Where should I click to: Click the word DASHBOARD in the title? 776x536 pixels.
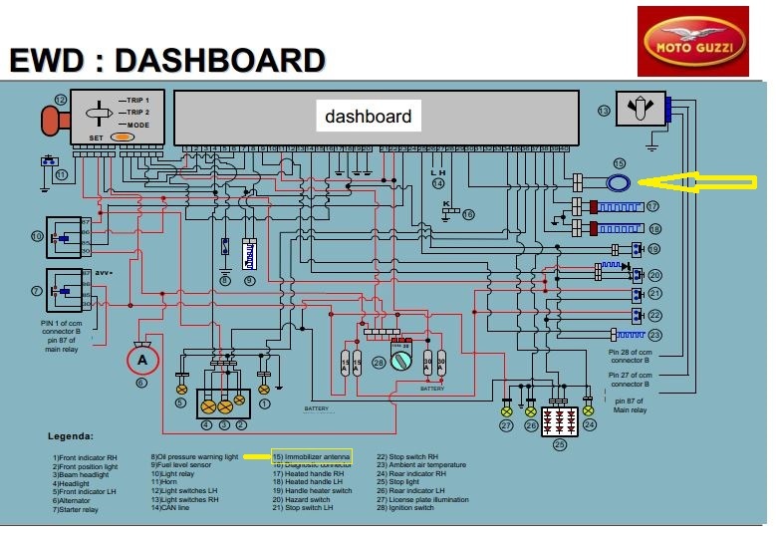point(220,61)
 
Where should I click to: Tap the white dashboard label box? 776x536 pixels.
point(368,116)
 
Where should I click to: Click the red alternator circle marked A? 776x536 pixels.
point(141,359)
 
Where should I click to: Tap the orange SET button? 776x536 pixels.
point(124,136)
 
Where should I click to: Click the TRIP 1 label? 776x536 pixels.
point(137,102)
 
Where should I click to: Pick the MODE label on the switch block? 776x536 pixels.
point(137,125)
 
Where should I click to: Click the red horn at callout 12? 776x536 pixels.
point(50,120)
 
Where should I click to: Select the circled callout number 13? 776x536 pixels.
point(603,110)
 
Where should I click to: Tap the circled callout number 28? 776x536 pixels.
point(379,363)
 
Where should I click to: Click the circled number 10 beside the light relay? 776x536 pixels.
point(37,237)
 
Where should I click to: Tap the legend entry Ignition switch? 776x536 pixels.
point(405,508)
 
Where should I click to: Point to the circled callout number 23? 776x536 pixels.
point(655,335)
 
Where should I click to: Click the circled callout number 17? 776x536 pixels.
point(653,206)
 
